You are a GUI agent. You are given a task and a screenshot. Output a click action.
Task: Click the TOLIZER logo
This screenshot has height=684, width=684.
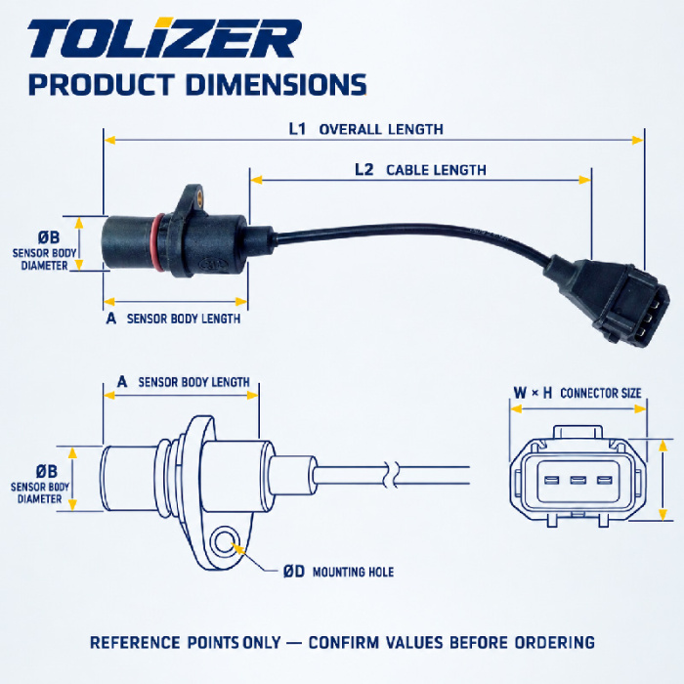point(164,38)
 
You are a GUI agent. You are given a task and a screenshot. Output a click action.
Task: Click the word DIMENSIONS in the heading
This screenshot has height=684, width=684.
point(276,84)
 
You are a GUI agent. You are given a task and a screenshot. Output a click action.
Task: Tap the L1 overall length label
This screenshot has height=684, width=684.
point(366,129)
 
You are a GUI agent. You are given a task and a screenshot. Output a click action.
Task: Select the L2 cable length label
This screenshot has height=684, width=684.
point(420,170)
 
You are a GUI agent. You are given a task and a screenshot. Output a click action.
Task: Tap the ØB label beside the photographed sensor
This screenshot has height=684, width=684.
point(49,237)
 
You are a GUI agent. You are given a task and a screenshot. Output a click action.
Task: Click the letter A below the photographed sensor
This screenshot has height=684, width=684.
point(111,319)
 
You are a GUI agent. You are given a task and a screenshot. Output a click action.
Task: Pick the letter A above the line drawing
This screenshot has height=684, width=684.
point(122,382)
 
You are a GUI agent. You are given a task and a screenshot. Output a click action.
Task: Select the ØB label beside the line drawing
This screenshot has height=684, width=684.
point(47,471)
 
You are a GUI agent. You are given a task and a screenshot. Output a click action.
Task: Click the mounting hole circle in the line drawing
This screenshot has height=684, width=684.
point(225,542)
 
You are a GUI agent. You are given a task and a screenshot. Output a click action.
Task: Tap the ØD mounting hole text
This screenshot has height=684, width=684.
point(338,572)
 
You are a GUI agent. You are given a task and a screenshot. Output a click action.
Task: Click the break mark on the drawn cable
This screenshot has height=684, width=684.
point(390,474)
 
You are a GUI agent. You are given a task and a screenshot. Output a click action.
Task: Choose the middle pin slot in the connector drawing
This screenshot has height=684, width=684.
point(577,481)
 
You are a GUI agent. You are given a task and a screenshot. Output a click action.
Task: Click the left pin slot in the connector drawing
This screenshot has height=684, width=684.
point(551,481)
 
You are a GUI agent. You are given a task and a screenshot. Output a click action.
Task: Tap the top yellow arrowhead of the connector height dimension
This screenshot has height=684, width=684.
point(663,446)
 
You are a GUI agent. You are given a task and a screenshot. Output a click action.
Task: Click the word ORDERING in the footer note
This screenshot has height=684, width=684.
point(554,643)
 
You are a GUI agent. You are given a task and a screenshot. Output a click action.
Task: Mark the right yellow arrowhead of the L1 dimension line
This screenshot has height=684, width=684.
point(638,140)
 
